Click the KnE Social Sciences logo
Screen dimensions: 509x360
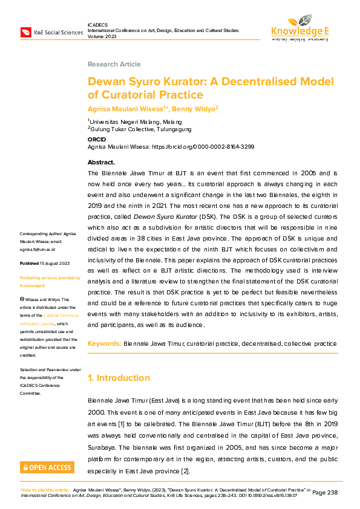coord(51,31)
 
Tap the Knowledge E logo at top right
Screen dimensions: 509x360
coord(299,27)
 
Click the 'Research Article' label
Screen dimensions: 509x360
coord(114,64)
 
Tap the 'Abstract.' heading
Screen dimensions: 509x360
coord(101,163)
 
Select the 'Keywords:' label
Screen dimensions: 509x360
coord(104,343)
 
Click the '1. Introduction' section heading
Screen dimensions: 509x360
coord(119,378)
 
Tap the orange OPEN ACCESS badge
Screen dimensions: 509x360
coord(47,467)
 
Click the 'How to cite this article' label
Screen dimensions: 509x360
coord(45,489)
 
